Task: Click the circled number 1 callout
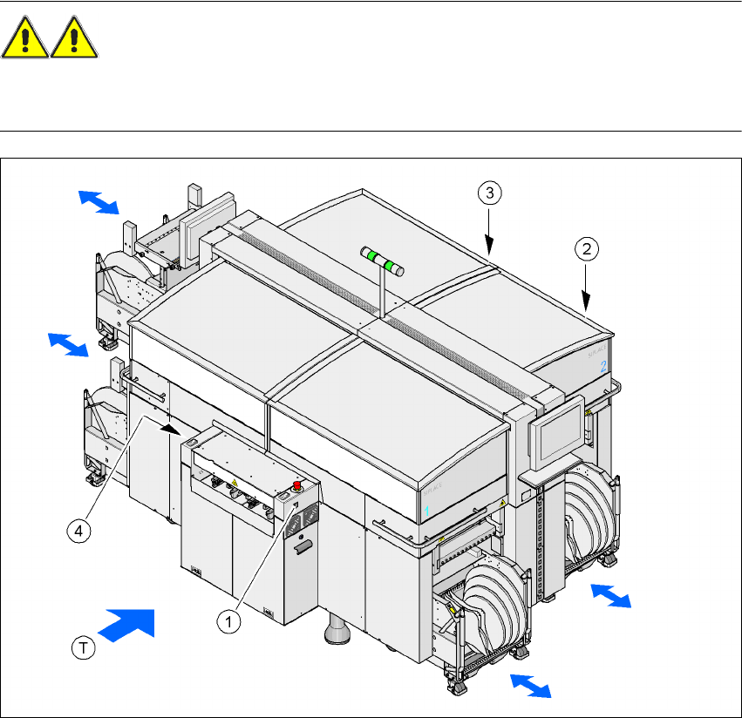[228, 621]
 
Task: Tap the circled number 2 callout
[587, 250]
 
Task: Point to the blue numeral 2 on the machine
[603, 367]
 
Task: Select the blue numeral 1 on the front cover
[428, 506]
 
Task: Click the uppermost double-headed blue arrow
[97, 201]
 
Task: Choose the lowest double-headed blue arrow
[530, 686]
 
